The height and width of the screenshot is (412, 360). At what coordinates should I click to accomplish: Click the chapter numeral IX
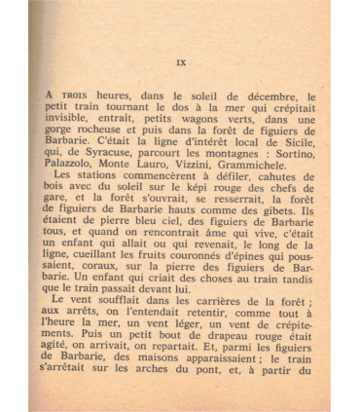[181, 63]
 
